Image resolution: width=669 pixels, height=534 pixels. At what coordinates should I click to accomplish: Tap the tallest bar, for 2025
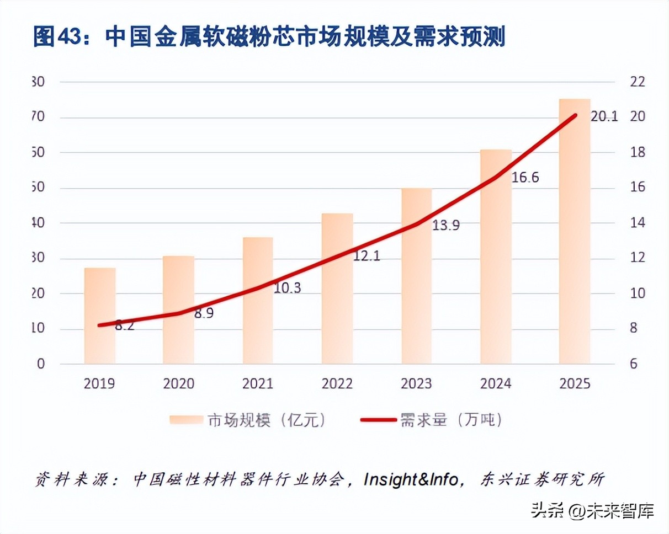(575, 232)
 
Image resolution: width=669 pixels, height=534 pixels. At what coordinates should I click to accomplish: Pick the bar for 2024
(496, 257)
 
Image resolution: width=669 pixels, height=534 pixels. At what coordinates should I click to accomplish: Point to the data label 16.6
(525, 178)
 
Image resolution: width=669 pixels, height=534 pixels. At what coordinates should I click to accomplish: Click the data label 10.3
(288, 288)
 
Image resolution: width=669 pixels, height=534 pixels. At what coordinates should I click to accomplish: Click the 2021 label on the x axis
(258, 383)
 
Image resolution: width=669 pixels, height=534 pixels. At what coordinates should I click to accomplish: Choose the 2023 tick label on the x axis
(416, 383)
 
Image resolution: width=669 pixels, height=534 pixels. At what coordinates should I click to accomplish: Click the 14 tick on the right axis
(637, 223)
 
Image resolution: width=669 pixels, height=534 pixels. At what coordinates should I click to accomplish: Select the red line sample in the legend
(378, 420)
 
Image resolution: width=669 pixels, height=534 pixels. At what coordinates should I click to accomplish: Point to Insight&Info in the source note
(411, 479)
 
